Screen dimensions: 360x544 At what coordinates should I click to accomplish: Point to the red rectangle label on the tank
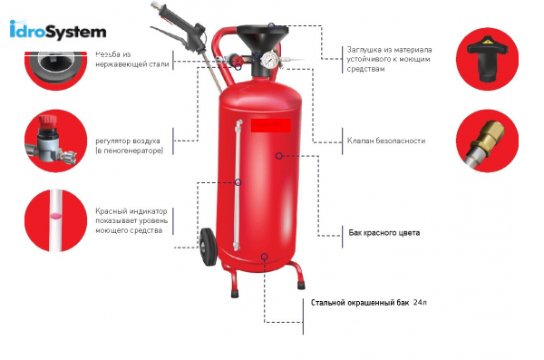(269, 125)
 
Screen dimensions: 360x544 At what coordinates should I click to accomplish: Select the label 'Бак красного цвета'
(384, 233)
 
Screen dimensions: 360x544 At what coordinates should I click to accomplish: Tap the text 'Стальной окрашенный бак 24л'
(368, 302)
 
